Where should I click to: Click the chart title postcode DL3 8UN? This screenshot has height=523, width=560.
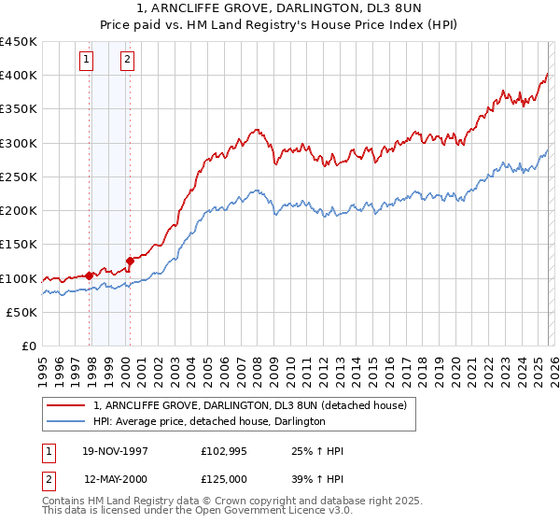pyautogui.click(x=381, y=9)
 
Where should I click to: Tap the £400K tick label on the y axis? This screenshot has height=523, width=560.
pyautogui.click(x=19, y=75)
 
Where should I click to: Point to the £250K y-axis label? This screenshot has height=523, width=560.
pyautogui.click(x=19, y=177)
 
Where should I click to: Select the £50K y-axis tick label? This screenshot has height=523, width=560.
pyautogui.click(x=22, y=312)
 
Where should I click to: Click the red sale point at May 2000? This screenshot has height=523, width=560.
pyautogui.click(x=130, y=261)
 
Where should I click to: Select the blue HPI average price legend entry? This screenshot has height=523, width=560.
pyautogui.click(x=209, y=422)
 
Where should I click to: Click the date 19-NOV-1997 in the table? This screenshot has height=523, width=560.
pyautogui.click(x=115, y=451)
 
